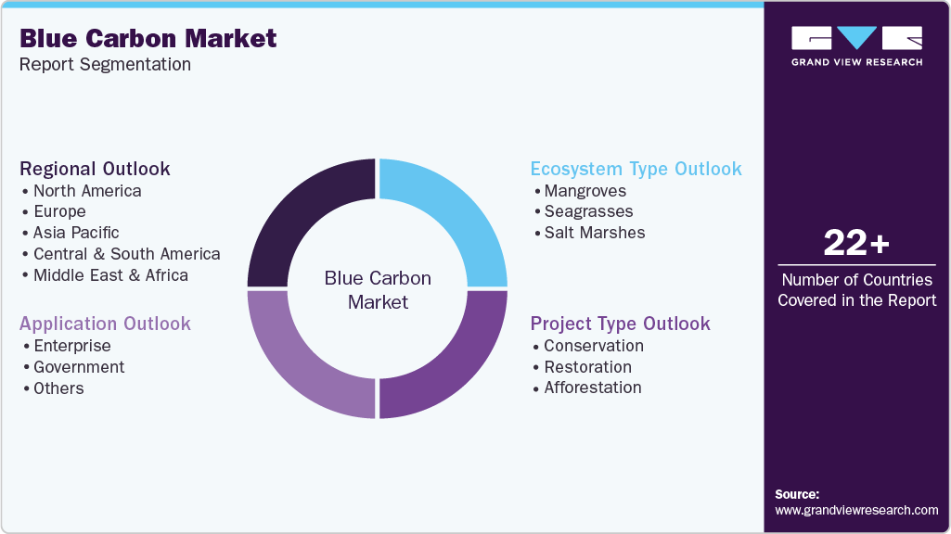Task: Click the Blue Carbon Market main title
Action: (x=148, y=38)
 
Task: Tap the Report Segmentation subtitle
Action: (x=105, y=65)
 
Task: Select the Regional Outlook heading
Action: (x=95, y=169)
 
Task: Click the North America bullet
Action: (x=87, y=191)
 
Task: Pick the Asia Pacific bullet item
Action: (x=76, y=233)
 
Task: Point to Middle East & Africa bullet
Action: (x=110, y=275)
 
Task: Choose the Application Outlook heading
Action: (x=105, y=324)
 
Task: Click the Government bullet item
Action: (x=79, y=367)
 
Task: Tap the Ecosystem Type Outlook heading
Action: (x=636, y=169)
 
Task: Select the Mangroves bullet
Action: (x=585, y=191)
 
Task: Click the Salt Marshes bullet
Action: (x=594, y=233)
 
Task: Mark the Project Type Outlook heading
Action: (x=620, y=324)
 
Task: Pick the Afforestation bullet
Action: (x=592, y=388)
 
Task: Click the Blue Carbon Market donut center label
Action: (x=378, y=289)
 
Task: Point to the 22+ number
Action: (x=856, y=244)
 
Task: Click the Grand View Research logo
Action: (x=856, y=45)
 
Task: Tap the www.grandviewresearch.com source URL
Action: (x=856, y=510)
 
